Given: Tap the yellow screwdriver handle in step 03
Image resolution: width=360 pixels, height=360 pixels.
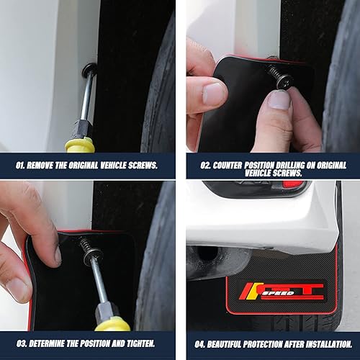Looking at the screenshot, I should [x=113, y=323].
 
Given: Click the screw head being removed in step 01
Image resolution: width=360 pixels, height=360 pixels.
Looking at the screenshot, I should [x=89, y=71].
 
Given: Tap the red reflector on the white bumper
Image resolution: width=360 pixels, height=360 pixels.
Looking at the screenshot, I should [x=294, y=184].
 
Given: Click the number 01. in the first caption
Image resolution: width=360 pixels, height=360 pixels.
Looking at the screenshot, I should [x=22, y=164].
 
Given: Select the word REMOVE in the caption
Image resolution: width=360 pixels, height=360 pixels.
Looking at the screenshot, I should [x=48, y=164].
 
